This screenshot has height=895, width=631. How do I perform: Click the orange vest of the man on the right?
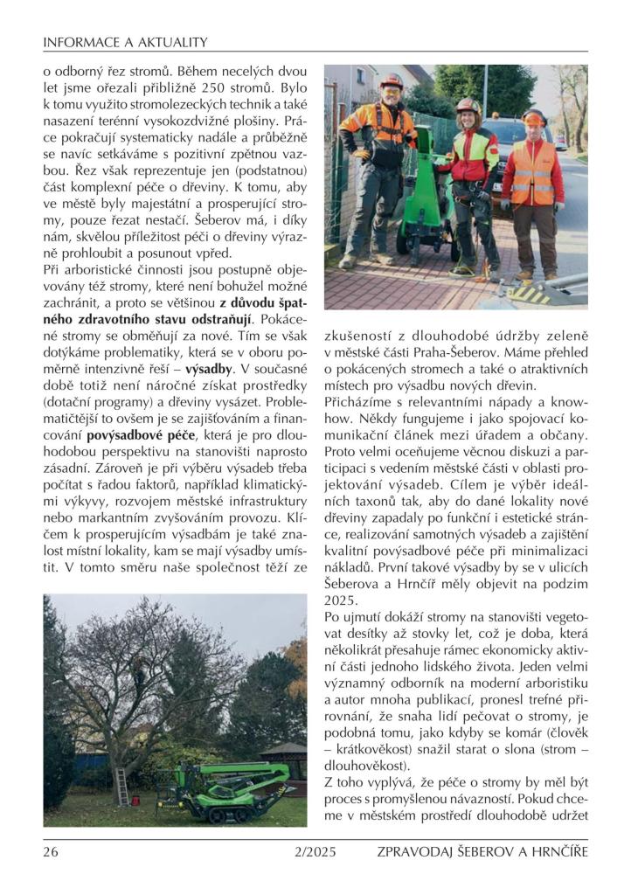(533, 171)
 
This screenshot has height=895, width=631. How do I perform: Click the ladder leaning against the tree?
(121, 786)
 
